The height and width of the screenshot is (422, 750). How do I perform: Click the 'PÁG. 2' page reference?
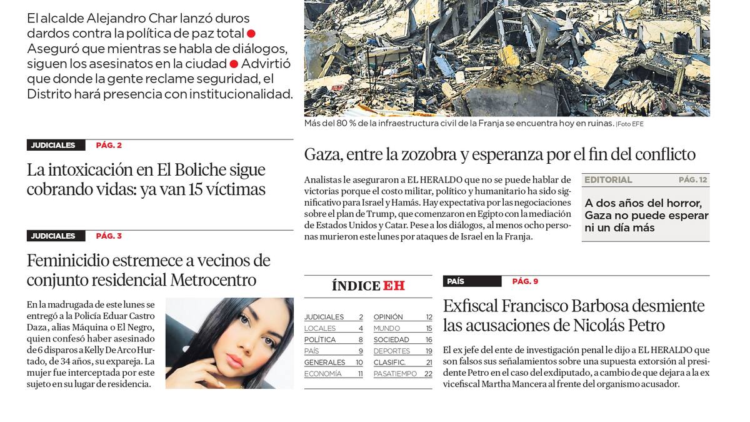coord(109,145)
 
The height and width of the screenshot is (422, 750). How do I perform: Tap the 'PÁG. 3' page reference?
coord(109,236)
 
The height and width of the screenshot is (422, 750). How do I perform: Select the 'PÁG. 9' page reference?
coord(525,281)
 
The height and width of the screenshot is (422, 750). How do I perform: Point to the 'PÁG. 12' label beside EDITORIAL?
coord(692,180)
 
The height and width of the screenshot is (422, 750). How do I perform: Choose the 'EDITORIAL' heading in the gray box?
coord(608,180)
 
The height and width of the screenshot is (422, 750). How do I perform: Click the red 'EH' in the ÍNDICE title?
coord(394,286)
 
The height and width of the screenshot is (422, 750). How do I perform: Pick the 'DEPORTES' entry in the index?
coord(392,351)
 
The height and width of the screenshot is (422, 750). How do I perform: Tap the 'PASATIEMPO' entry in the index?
coord(395,374)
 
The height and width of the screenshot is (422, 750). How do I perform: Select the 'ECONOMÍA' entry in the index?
coord(322,374)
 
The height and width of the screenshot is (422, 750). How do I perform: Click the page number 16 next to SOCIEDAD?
coord(429,339)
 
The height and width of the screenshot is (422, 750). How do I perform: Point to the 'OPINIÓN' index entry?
coord(388,317)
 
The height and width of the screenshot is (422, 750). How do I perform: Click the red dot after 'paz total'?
coord(251,33)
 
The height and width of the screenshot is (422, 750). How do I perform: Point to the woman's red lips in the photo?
coord(234,361)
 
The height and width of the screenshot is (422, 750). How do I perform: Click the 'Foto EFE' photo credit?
coord(631,124)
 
